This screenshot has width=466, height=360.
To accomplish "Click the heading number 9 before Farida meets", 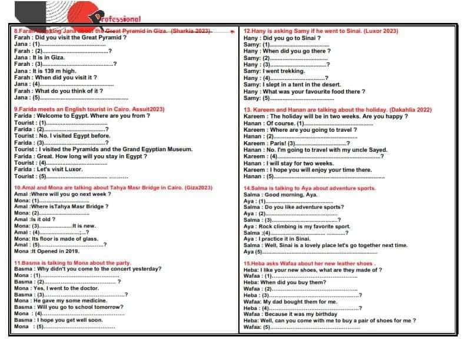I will click(16, 109).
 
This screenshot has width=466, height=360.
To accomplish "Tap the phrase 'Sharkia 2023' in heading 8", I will click(191, 31).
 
